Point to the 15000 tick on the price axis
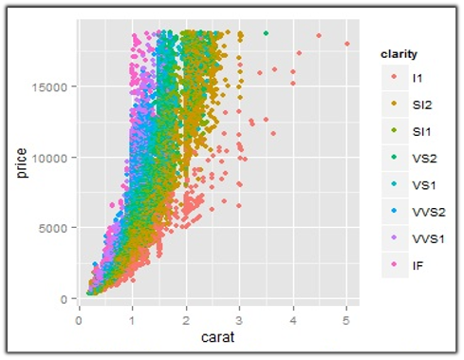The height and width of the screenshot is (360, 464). [x=54, y=86]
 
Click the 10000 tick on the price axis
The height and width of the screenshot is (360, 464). [x=54, y=158]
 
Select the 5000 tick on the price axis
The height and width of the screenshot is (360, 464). [x=57, y=229]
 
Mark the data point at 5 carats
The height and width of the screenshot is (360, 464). [x=347, y=44]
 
